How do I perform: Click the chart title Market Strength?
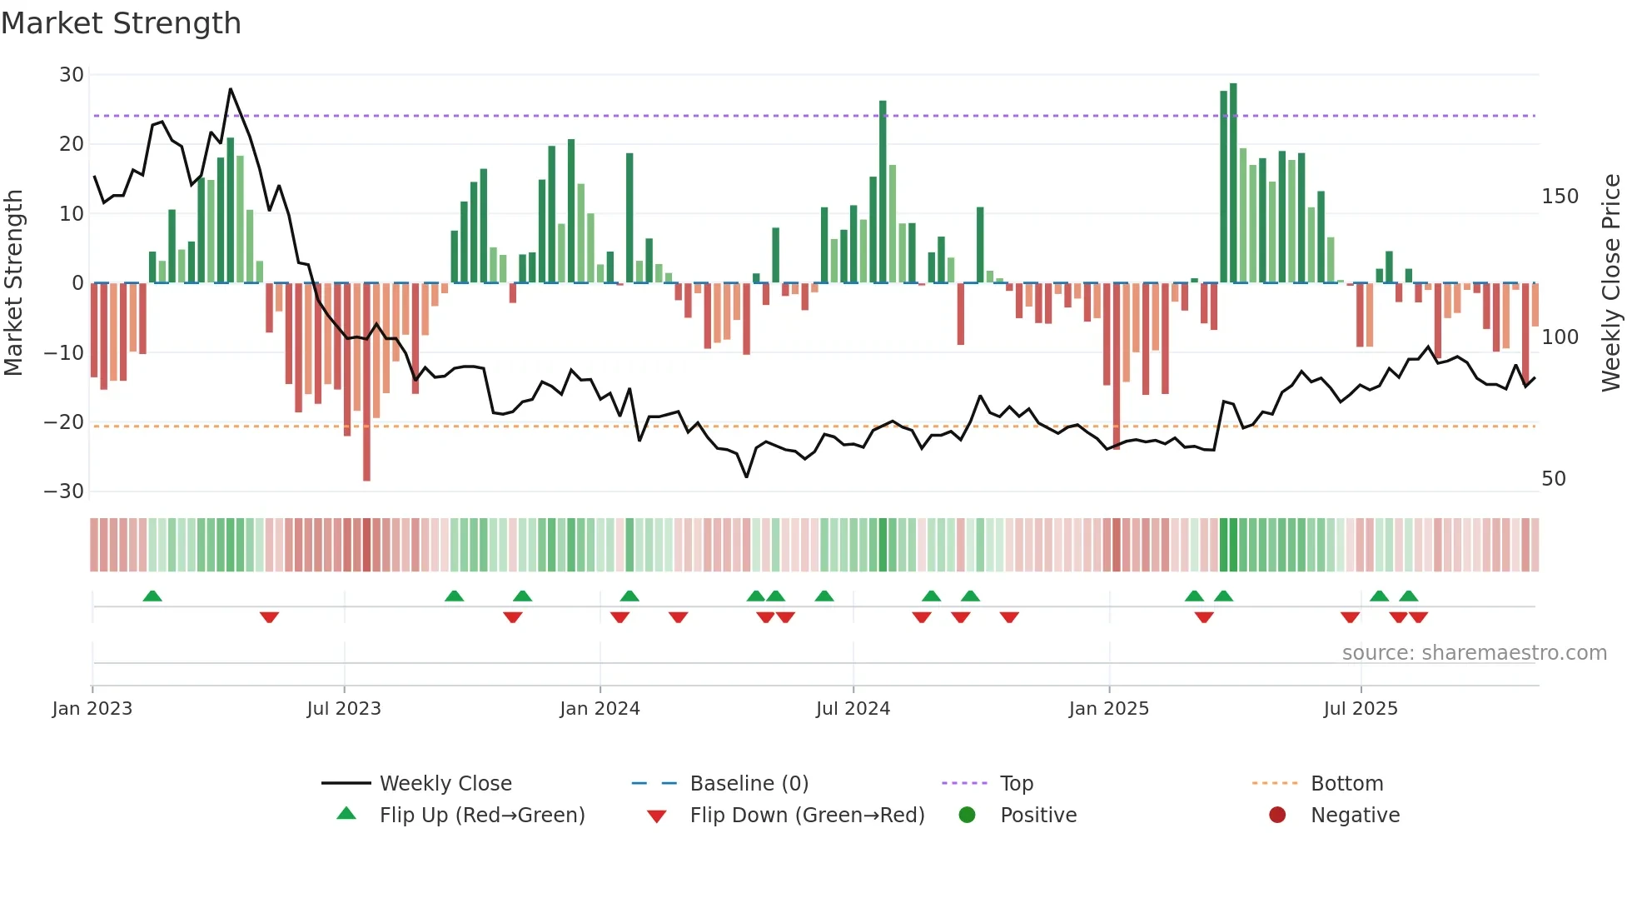click(x=121, y=23)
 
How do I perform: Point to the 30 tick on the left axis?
click(x=72, y=75)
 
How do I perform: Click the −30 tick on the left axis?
click(x=64, y=491)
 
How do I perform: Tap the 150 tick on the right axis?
click(x=1560, y=197)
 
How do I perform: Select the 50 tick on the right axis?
click(x=1554, y=479)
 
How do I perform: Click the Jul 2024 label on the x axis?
click(x=853, y=709)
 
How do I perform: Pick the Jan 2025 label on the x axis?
click(x=1108, y=709)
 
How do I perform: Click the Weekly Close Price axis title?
click(x=1611, y=283)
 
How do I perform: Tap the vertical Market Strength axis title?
click(x=13, y=283)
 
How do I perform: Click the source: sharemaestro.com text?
click(x=1474, y=653)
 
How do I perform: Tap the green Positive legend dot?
click(x=967, y=816)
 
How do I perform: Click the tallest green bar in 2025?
click(x=1233, y=183)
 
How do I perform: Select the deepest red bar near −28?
click(x=366, y=383)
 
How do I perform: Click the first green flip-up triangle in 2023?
click(x=152, y=596)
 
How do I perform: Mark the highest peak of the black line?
click(x=231, y=89)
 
